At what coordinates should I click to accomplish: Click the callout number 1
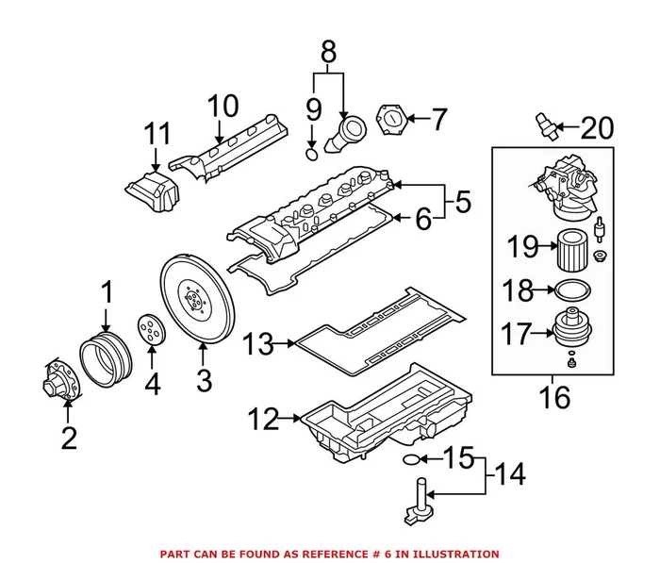pos(107,291)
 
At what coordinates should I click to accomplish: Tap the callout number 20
pos(596,127)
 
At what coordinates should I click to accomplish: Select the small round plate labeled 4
pos(150,330)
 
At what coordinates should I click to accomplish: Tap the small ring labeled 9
pos(312,152)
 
